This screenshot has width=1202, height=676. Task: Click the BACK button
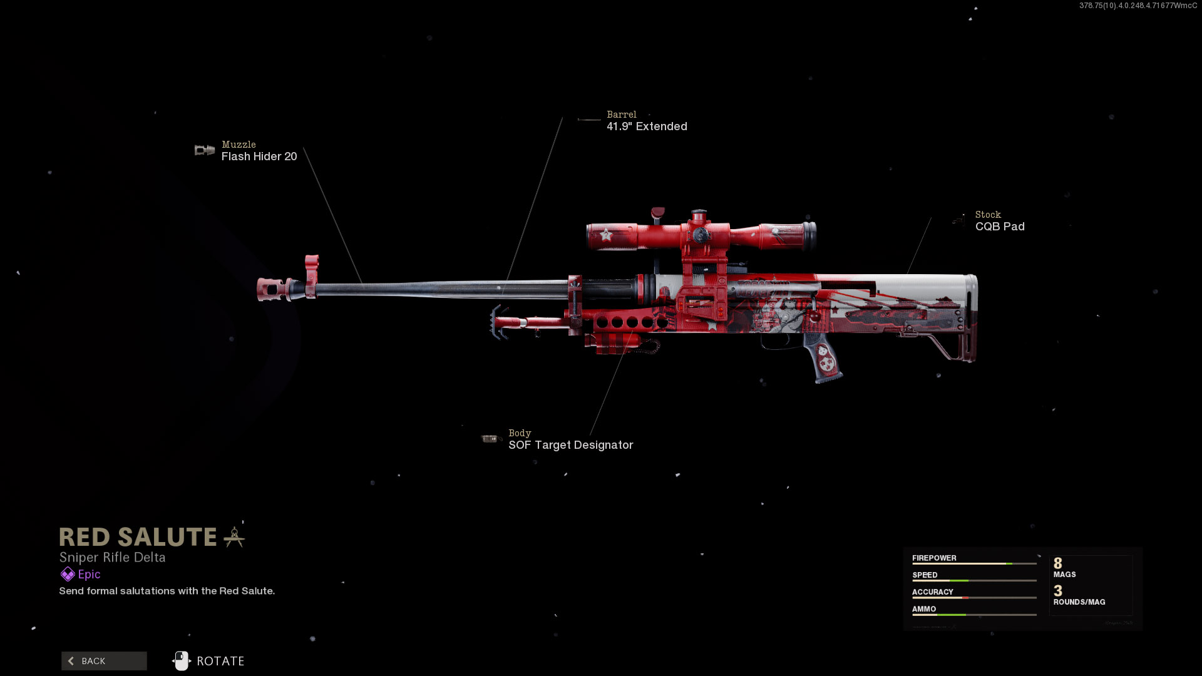[x=104, y=661]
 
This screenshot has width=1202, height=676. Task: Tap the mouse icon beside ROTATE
[x=182, y=661]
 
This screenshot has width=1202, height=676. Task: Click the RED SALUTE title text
[x=138, y=537]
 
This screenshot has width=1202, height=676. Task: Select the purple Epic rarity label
[x=89, y=574]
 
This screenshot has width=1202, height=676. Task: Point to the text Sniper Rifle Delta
[x=112, y=557]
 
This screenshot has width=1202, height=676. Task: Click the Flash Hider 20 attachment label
[x=259, y=156]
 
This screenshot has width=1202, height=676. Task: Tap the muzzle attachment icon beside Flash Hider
[x=205, y=150]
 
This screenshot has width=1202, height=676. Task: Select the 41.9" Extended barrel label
[x=647, y=126]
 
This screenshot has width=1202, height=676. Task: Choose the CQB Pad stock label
[x=1000, y=227]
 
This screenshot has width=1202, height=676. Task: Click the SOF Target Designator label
[x=570, y=445]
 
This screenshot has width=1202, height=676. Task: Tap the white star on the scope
[x=605, y=235]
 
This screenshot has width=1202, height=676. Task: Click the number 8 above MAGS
[x=1058, y=563]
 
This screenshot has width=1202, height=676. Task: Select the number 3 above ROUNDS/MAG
[x=1058, y=591]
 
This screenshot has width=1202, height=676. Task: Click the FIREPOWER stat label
[x=934, y=558]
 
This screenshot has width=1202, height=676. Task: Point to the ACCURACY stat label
[x=932, y=591]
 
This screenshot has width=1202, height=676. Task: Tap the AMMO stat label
[x=924, y=608]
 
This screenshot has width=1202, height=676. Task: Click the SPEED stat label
[x=925, y=575]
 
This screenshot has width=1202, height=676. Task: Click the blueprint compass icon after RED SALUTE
[x=234, y=537]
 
